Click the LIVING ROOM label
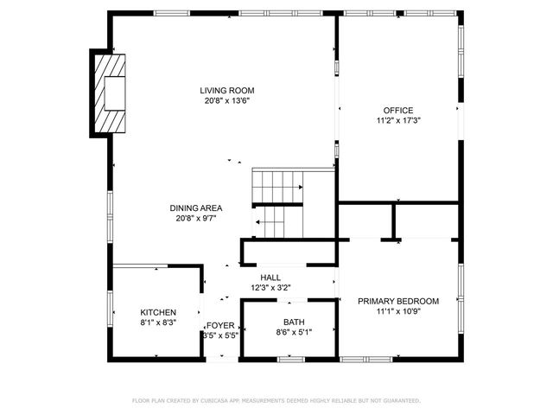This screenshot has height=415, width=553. tap(227, 90)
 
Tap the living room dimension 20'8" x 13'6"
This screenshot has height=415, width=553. tap(227, 100)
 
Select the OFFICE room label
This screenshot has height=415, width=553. tap(398, 110)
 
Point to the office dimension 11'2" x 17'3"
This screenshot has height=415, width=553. tap(398, 121)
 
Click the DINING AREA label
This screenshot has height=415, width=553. tap(196, 207)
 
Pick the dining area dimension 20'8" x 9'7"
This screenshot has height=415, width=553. tap(196, 218)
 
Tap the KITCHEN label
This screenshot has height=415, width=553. tap(158, 312)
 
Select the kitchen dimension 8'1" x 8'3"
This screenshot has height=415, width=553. tap(158, 322)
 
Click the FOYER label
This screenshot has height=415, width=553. tap(219, 325)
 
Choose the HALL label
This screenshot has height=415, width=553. tap(270, 278)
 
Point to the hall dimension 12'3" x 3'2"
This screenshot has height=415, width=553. tap(270, 288)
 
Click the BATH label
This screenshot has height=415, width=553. tap(282, 321)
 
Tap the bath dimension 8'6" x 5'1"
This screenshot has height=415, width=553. tap(293, 331)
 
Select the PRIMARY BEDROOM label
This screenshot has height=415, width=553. tap(398, 301)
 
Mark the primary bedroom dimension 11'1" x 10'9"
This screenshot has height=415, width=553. tap(398, 311)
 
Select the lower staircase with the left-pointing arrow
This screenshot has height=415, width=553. tap(277, 223)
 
